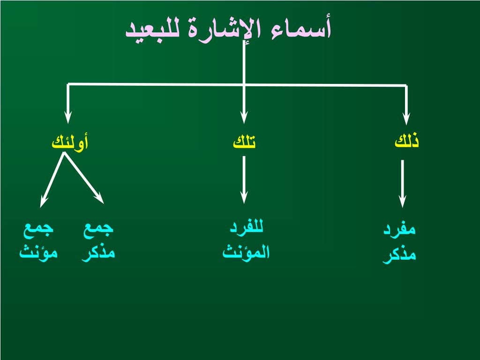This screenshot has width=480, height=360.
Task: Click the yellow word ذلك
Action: [x=406, y=141]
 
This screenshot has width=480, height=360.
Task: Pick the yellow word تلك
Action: [x=244, y=141]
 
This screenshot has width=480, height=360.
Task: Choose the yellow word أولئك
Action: [x=70, y=142]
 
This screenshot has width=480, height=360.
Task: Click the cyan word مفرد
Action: [x=399, y=229]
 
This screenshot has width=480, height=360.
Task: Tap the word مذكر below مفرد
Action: [x=399, y=255]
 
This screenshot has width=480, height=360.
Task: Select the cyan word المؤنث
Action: [x=246, y=252]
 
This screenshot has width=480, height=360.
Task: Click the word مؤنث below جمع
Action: [x=38, y=252]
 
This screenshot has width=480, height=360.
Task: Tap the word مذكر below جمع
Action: [x=98, y=253]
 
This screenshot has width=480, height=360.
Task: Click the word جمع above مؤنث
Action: [x=38, y=229]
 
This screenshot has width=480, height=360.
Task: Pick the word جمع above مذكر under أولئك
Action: [x=98, y=229]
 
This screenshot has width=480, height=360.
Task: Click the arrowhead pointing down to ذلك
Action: [x=406, y=118]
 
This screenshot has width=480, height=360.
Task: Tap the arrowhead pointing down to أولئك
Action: [x=68, y=117]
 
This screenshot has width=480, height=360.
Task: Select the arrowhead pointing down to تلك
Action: [x=244, y=117]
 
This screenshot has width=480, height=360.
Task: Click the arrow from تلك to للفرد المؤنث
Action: [x=244, y=180]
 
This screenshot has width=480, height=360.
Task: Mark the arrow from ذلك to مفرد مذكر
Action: [x=403, y=184]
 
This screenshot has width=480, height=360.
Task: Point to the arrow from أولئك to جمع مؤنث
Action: [x=52, y=180]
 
